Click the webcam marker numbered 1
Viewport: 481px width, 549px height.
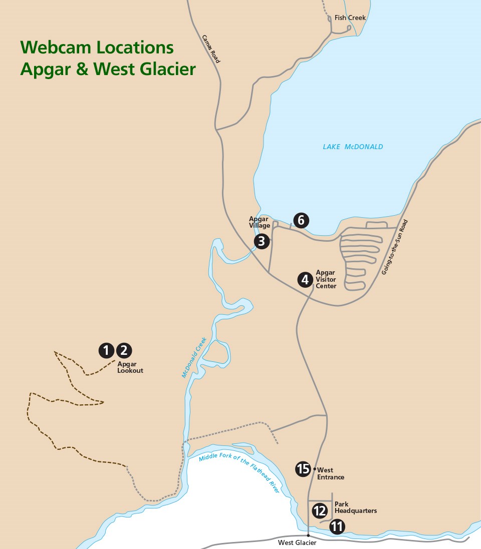point(106,350)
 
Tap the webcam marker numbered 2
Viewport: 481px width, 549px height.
point(124,350)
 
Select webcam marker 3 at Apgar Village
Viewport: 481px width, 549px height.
point(262,241)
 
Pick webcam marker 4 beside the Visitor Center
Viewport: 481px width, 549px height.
point(305,279)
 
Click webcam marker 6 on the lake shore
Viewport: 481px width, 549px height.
point(301,220)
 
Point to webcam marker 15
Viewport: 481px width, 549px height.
point(303,469)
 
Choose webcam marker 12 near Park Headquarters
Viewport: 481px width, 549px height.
point(320,511)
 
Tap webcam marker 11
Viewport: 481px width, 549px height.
point(337,526)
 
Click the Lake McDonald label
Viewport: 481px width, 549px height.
point(353,147)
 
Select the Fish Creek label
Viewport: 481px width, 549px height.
point(350,18)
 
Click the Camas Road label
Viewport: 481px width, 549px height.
point(211,49)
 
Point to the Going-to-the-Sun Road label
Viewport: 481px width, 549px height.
point(395,247)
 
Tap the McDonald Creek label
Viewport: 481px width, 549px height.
point(194,357)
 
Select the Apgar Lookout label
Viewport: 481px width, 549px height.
point(130,367)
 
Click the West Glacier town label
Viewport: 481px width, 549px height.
point(297,542)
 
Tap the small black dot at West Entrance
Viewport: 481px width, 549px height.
point(314,469)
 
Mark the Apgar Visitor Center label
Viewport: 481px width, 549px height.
point(326,279)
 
